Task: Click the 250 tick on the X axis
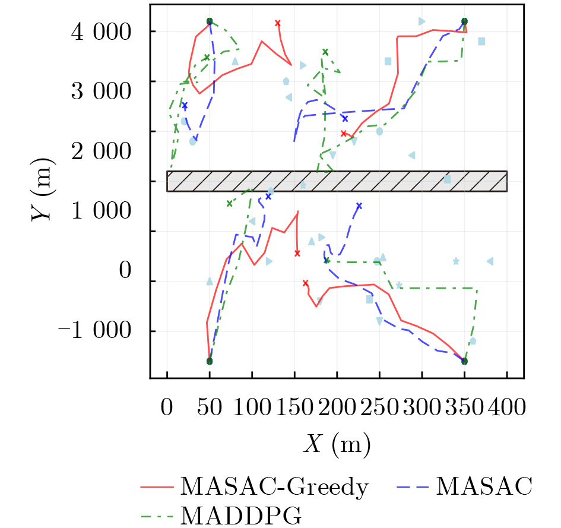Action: [x=379, y=407]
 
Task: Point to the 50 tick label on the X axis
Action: [x=210, y=407]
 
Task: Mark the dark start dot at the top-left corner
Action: [x=210, y=21]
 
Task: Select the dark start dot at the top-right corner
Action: [x=464, y=21]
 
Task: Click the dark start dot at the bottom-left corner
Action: [x=210, y=361]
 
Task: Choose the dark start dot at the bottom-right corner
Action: [x=464, y=361]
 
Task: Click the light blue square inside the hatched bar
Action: [x=447, y=179]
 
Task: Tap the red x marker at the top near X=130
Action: [x=277, y=23]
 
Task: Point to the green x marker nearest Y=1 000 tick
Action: [x=229, y=204]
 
